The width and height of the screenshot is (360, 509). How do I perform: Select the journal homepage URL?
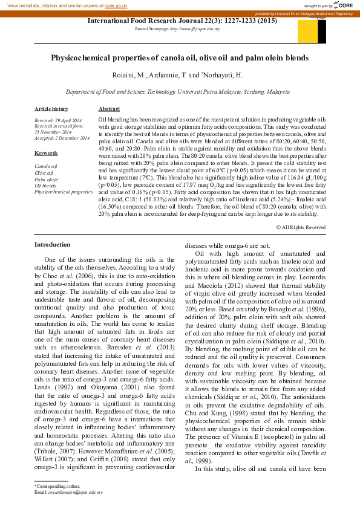pyautogui.click(x=197, y=28)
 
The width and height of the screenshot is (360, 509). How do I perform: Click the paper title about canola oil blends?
pyautogui.click(x=180, y=58)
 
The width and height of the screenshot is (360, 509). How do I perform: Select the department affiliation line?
pyautogui.click(x=177, y=92)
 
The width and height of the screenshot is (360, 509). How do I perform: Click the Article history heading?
pyautogui.click(x=51, y=108)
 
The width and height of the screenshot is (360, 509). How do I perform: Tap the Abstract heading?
pyautogui.click(x=109, y=108)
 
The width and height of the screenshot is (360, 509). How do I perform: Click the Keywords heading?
pyautogui.click(x=46, y=153)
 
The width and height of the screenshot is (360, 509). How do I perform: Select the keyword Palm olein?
pyautogui.click(x=46, y=180)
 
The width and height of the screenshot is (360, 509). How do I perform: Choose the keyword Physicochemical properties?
pyautogui.click(x=64, y=191)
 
